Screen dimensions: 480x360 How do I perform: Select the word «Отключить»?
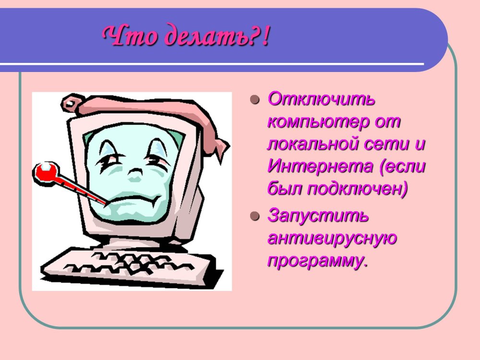[321, 99]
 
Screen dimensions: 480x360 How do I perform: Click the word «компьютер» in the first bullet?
[318, 122]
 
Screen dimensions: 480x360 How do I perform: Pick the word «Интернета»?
[320, 166]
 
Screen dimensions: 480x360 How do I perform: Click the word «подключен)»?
[358, 189]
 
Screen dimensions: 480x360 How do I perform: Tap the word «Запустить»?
[318, 216]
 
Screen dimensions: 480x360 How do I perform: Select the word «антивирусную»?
[332, 239]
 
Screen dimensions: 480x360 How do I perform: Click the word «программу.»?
[317, 261]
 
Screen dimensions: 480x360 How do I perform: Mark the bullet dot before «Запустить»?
[255, 216]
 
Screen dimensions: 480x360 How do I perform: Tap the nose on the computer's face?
[134, 175]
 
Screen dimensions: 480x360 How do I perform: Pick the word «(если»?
[402, 167]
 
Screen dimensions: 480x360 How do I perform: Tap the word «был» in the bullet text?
[284, 188]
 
